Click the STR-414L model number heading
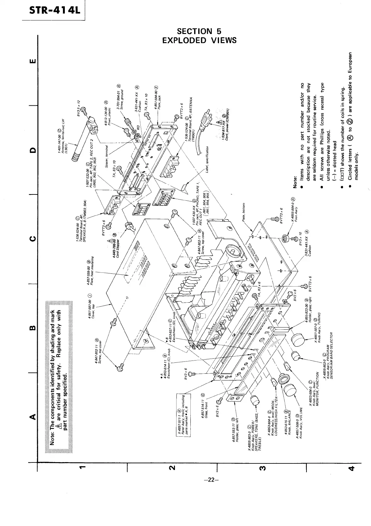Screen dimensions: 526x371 (x=52, y=10)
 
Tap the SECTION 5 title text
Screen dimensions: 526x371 (x=199, y=31)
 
